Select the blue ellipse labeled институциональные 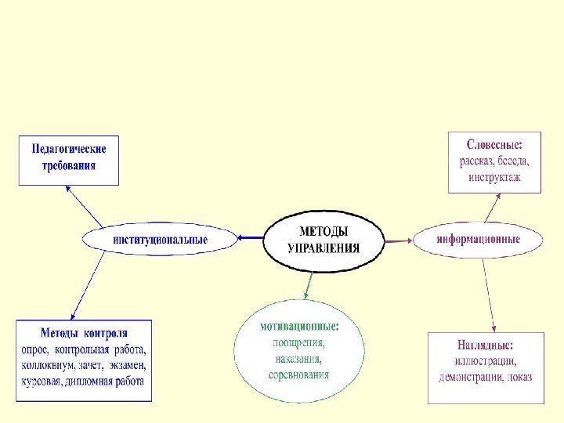[160, 239]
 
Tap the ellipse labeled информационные [478, 239]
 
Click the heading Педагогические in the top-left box [69, 149]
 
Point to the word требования [69, 165]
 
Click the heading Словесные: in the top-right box [494, 145]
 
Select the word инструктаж [494, 178]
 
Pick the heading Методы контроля [85, 334]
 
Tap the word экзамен [128, 365]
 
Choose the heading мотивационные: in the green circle [300, 325]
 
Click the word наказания [298, 359]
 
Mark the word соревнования [300, 374]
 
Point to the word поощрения [298, 342]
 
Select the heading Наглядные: [485, 345]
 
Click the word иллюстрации [485, 361]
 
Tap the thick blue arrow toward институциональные [251, 238]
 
